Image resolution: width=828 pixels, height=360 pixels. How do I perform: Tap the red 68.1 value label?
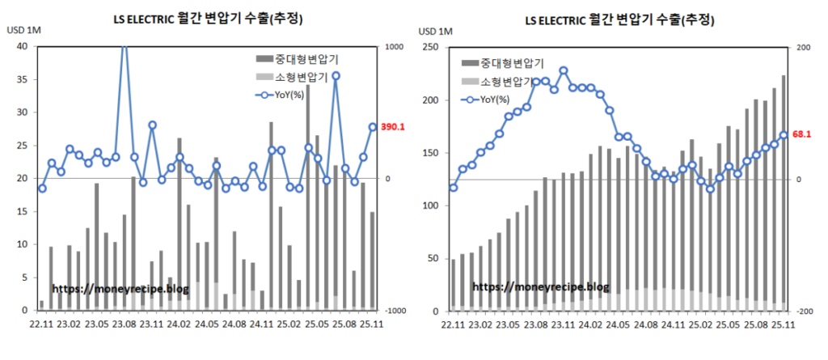(802, 134)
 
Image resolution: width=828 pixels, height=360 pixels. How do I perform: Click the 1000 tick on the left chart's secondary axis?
(394, 47)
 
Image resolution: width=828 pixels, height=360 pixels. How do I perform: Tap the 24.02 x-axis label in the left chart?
(179, 324)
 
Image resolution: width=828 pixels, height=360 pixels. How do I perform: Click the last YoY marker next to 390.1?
(373, 127)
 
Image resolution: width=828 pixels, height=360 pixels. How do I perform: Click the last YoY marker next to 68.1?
(784, 134)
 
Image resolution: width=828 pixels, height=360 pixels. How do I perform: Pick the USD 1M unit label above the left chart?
(24, 31)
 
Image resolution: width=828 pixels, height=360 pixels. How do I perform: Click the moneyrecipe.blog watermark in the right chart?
(540, 286)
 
